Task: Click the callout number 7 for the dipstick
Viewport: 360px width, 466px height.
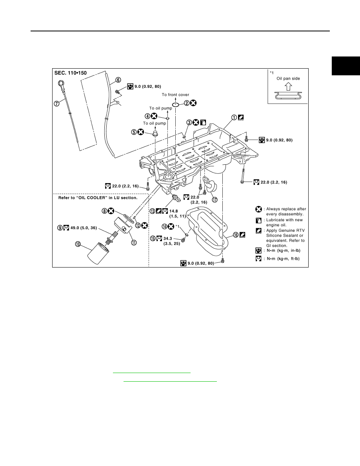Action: (x=56, y=104)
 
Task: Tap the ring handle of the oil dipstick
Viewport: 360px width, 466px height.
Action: (x=61, y=83)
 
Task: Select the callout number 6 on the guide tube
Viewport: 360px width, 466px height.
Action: (x=118, y=80)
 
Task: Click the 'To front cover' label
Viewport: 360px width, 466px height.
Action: (x=175, y=95)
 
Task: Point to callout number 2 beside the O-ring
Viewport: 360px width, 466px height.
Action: (x=187, y=103)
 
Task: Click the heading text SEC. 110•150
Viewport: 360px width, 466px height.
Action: (x=71, y=73)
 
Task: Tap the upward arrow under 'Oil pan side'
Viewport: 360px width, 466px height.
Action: (x=288, y=86)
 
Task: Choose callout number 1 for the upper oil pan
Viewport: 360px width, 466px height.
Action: (x=234, y=117)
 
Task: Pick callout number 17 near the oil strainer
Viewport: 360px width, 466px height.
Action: (x=215, y=200)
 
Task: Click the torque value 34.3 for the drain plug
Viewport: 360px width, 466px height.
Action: (x=167, y=238)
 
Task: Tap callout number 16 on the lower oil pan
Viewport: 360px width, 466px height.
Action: (x=236, y=235)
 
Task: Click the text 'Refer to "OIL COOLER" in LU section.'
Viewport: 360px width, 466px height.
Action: (x=98, y=198)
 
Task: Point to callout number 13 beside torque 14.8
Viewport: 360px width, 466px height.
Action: (x=153, y=211)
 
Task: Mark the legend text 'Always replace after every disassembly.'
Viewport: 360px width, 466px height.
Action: (x=286, y=211)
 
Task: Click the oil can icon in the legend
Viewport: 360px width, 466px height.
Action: (x=259, y=220)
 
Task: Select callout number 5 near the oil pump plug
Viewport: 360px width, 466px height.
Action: (x=134, y=132)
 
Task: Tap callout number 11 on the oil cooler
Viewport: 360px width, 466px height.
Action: (x=134, y=242)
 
